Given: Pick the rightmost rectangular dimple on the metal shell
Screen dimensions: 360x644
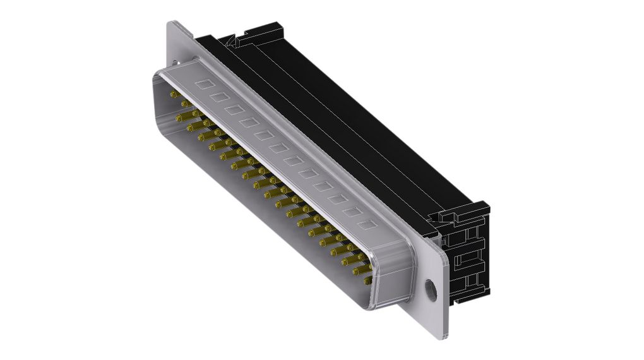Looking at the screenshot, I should point(364,224).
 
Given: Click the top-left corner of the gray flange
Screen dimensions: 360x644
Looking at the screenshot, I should point(169,23).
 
